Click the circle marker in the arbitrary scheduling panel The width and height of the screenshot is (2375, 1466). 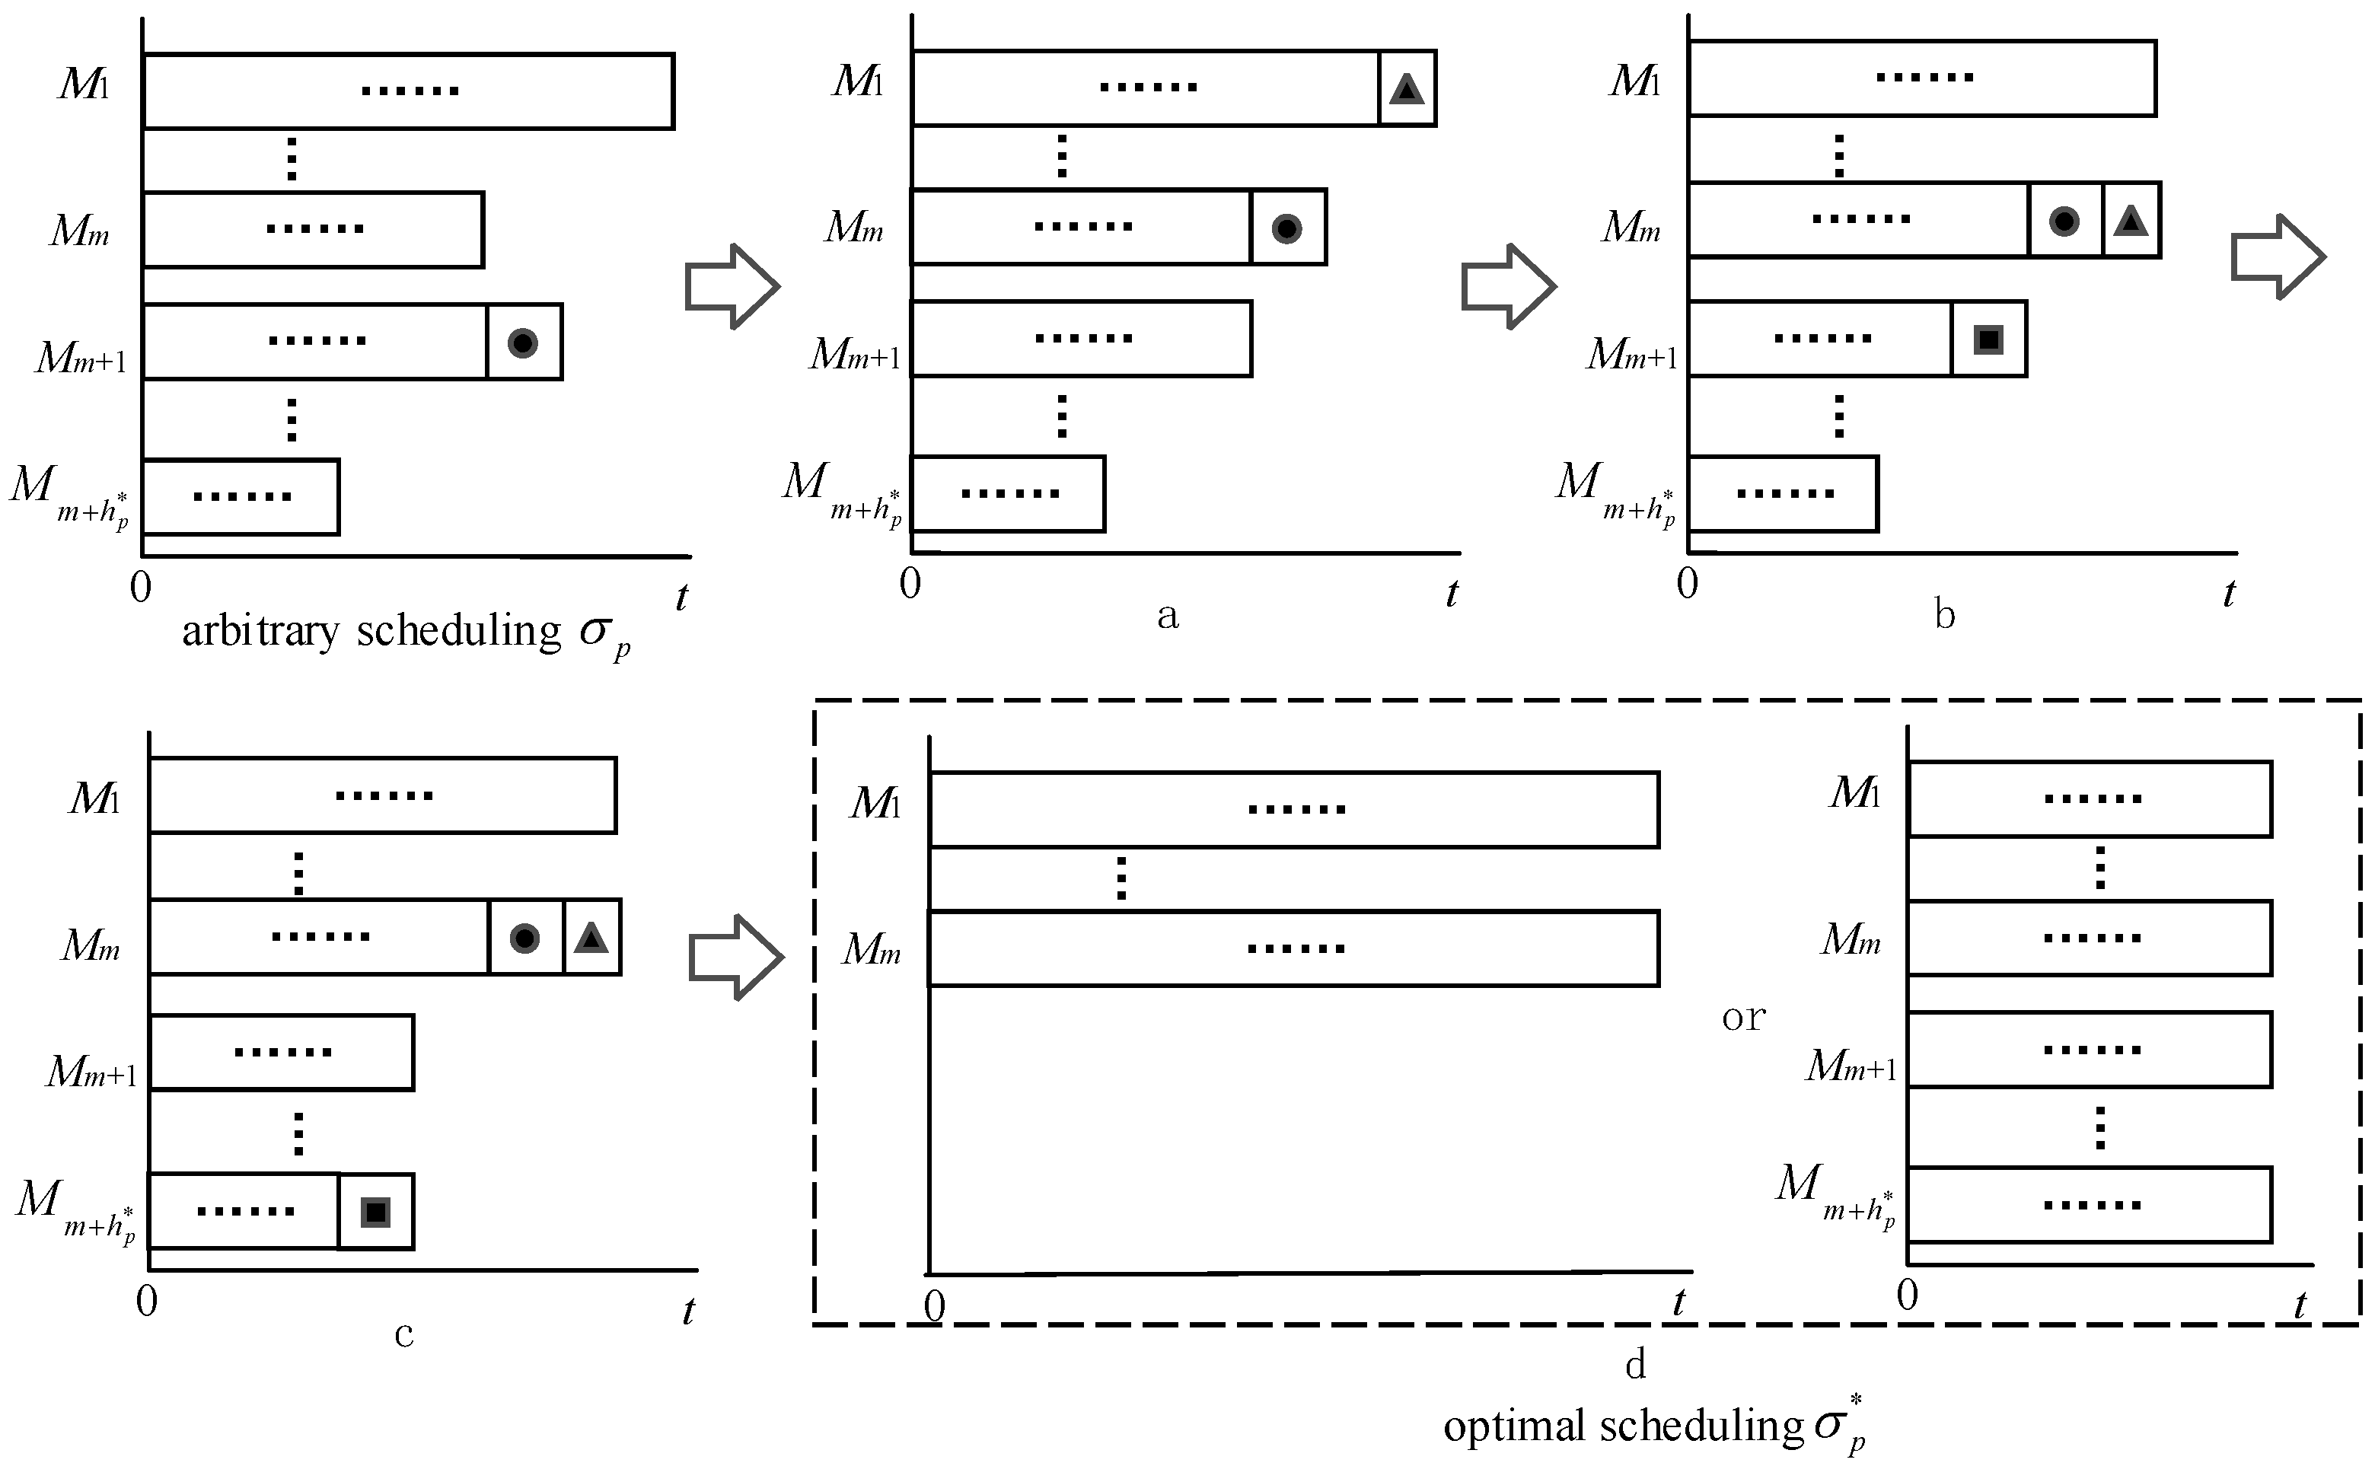(522, 343)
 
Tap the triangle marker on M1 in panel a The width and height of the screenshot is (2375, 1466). (1406, 89)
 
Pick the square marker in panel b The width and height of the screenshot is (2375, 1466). (1988, 339)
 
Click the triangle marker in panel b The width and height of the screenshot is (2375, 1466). (2130, 221)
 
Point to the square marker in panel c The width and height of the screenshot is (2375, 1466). (375, 1212)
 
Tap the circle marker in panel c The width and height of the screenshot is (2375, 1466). (524, 938)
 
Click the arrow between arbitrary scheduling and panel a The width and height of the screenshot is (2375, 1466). (732, 286)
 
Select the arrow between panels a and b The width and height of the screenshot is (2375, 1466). (1507, 286)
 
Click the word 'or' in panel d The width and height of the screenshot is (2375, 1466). (1743, 1017)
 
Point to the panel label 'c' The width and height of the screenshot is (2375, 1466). (403, 1335)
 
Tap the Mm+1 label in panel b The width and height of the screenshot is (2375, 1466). (1631, 355)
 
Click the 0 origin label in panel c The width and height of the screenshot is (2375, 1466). (146, 1300)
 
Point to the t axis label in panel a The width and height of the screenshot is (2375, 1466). (1451, 594)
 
